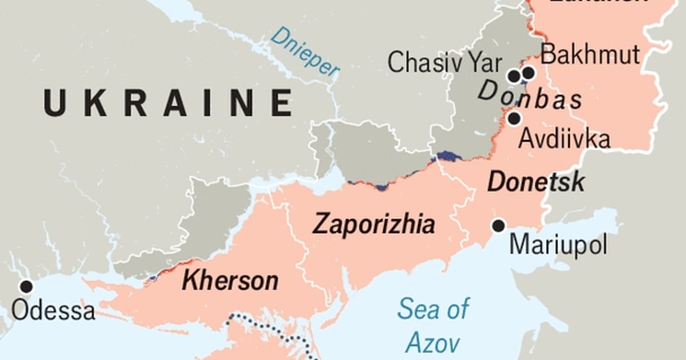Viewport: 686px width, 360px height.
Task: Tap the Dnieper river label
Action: tap(305, 51)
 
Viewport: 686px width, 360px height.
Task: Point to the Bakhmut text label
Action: tap(590, 55)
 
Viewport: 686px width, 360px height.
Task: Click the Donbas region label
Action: tap(530, 97)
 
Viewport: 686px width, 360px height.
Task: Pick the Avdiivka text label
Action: tap(564, 139)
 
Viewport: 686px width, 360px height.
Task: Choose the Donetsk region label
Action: tap(536, 182)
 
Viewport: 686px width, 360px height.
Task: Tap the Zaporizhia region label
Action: tap(373, 225)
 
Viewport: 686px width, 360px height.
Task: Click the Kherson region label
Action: tap(230, 281)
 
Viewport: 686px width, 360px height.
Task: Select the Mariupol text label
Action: tap(558, 246)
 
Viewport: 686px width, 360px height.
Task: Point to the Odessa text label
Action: tap(53, 311)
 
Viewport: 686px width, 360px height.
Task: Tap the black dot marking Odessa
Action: tap(26, 286)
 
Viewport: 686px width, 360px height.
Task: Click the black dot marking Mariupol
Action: tap(498, 226)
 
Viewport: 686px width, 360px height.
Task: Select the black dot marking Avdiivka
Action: tap(514, 118)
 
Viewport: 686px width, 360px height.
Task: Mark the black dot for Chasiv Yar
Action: tap(514, 75)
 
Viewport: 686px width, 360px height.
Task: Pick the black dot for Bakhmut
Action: tap(528, 73)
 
